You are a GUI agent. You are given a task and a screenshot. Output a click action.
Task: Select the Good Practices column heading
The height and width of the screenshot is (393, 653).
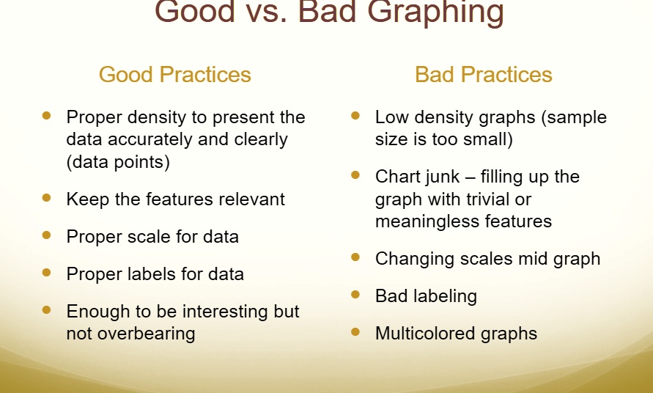(x=175, y=74)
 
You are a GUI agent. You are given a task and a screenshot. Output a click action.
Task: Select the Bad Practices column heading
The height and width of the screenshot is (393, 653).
(x=484, y=74)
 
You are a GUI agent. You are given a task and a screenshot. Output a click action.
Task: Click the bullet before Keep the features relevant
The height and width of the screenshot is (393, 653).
(x=48, y=198)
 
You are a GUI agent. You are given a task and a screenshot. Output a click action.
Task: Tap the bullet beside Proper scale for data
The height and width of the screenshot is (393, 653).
(x=48, y=235)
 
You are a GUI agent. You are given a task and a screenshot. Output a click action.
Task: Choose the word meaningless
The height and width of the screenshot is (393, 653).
(x=434, y=221)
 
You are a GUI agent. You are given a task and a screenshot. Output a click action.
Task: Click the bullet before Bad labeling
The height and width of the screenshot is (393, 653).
(x=356, y=295)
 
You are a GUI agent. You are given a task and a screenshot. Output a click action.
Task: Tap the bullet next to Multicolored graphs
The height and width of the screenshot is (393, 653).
(x=356, y=332)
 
